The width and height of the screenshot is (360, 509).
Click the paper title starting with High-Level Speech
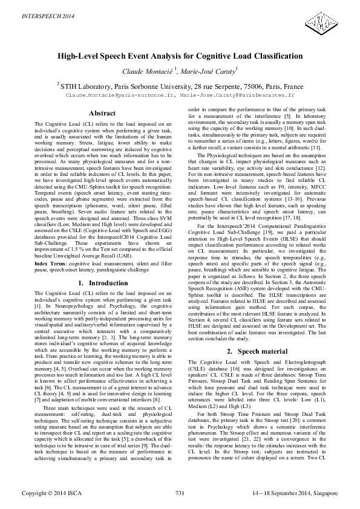180,56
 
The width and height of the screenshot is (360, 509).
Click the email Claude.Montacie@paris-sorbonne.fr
125,96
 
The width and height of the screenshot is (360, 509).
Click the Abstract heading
102,113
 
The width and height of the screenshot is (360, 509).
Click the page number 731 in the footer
180,494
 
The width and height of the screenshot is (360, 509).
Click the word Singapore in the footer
323,494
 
